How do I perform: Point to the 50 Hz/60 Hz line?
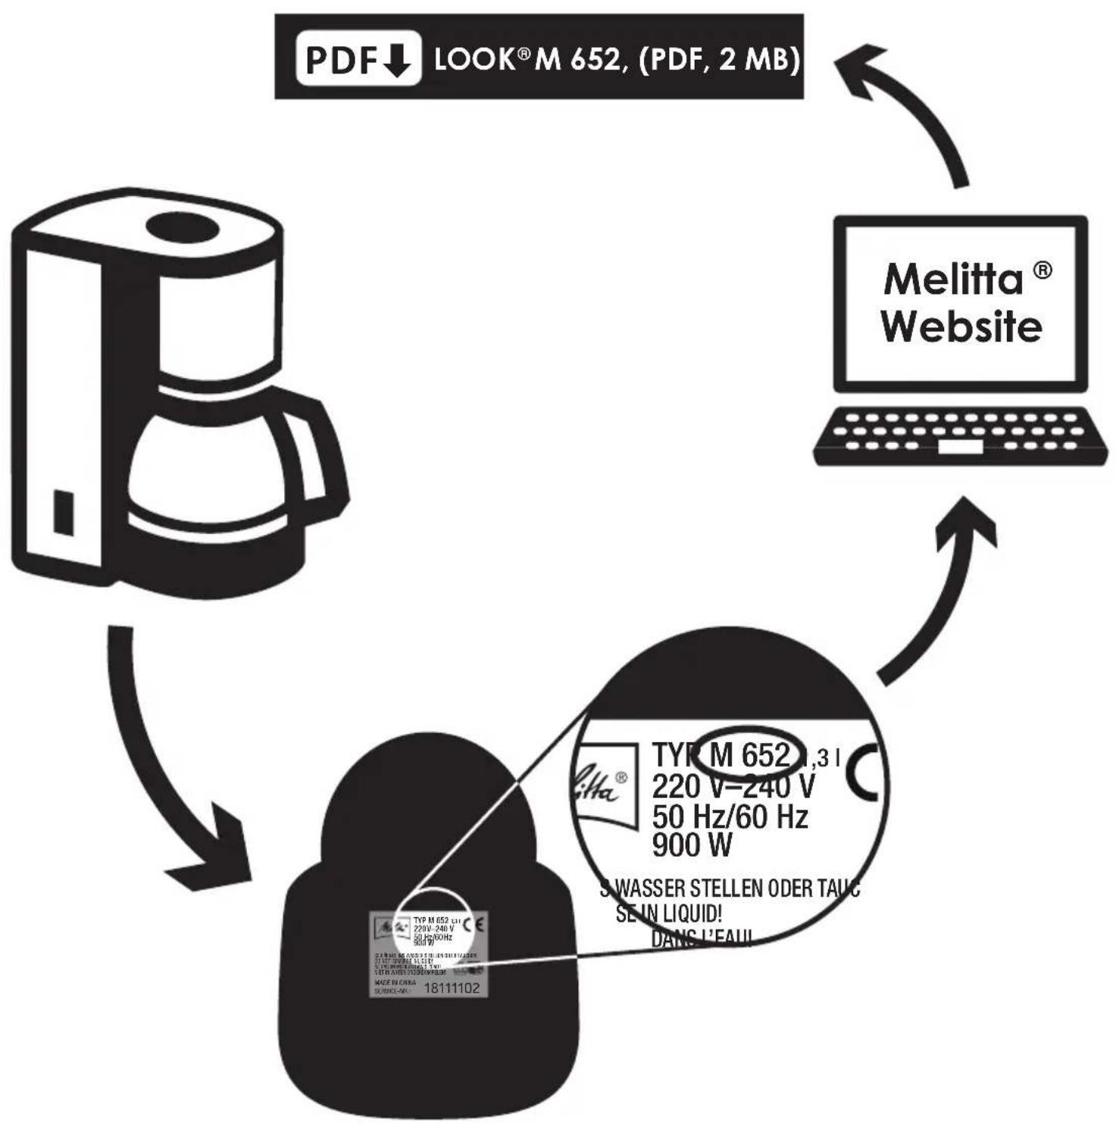(730, 816)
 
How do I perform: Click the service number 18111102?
(451, 988)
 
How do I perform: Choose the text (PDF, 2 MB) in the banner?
(720, 58)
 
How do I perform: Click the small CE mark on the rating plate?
(474, 924)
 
